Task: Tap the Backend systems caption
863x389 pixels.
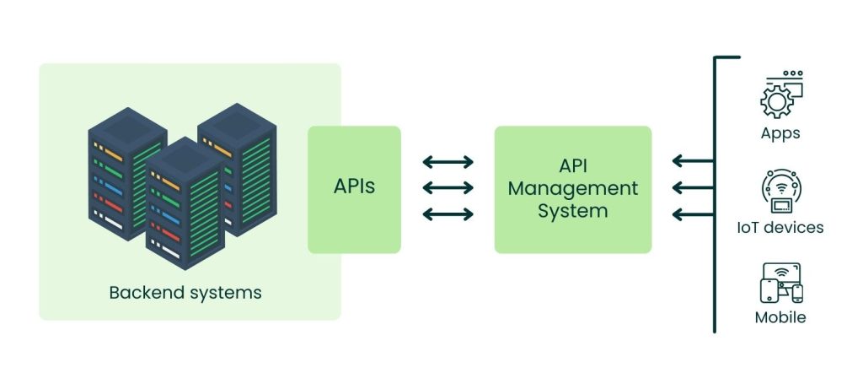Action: pos(185,293)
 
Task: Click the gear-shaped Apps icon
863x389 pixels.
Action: pos(780,95)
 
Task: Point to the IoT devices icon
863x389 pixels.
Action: pos(780,191)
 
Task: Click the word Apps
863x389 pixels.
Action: pos(780,133)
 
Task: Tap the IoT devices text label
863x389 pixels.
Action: pos(780,227)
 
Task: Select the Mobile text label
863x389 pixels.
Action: pos(780,317)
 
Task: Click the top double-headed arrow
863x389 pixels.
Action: pos(448,161)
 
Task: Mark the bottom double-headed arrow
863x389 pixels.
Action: pos(448,214)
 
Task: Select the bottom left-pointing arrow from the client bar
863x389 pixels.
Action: pos(692,214)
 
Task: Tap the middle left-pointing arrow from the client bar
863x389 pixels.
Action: pos(692,187)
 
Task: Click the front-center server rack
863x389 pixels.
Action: pos(185,203)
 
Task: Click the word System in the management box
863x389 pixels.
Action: pos(572,210)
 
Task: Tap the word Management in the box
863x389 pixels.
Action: pos(572,188)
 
